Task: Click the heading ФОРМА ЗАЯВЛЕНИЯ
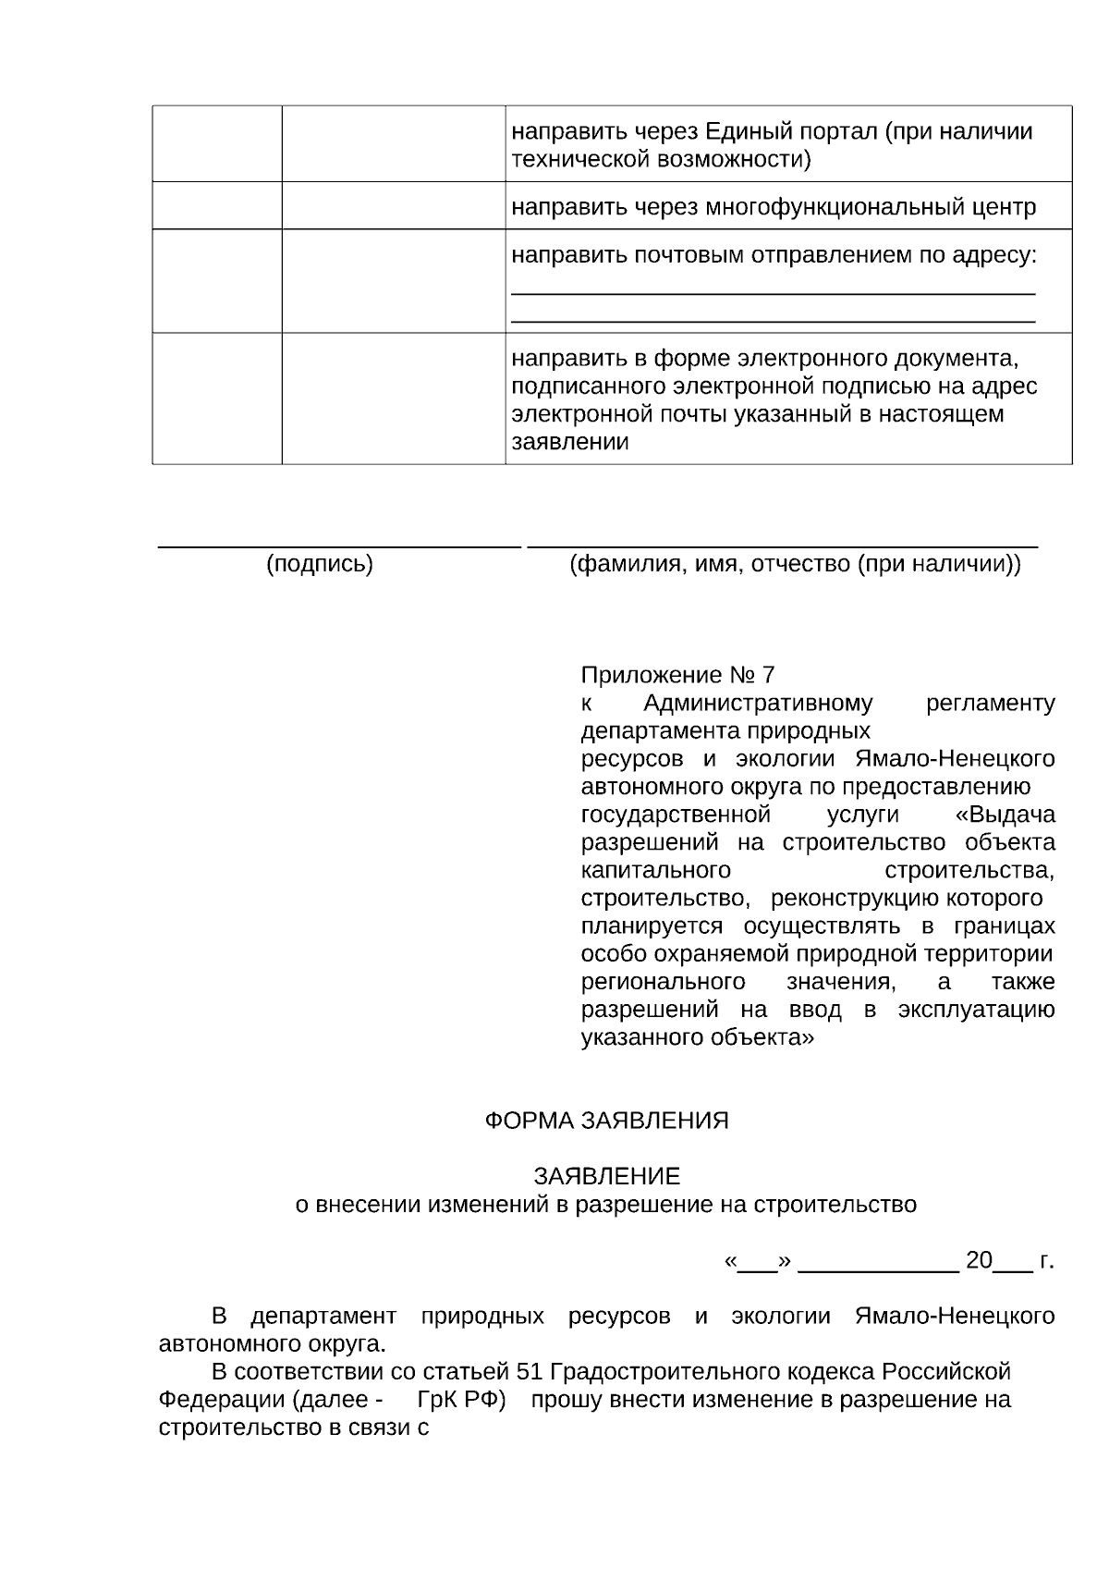point(606,1121)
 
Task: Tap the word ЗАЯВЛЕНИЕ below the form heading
point(606,1176)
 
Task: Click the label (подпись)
point(320,564)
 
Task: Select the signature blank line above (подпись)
point(339,545)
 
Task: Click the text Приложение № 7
point(677,675)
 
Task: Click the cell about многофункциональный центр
point(774,207)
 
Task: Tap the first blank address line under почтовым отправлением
point(773,292)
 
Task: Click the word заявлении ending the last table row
point(570,442)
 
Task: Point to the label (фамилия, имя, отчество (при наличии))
point(795,564)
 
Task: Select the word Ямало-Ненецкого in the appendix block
point(955,759)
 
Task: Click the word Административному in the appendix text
point(758,704)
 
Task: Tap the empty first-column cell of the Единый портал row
point(217,143)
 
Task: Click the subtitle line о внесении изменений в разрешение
point(606,1204)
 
